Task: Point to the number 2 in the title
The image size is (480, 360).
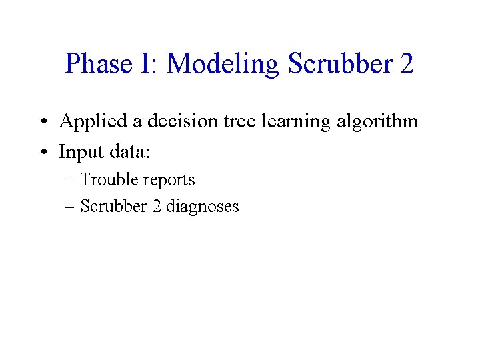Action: [x=406, y=64]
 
